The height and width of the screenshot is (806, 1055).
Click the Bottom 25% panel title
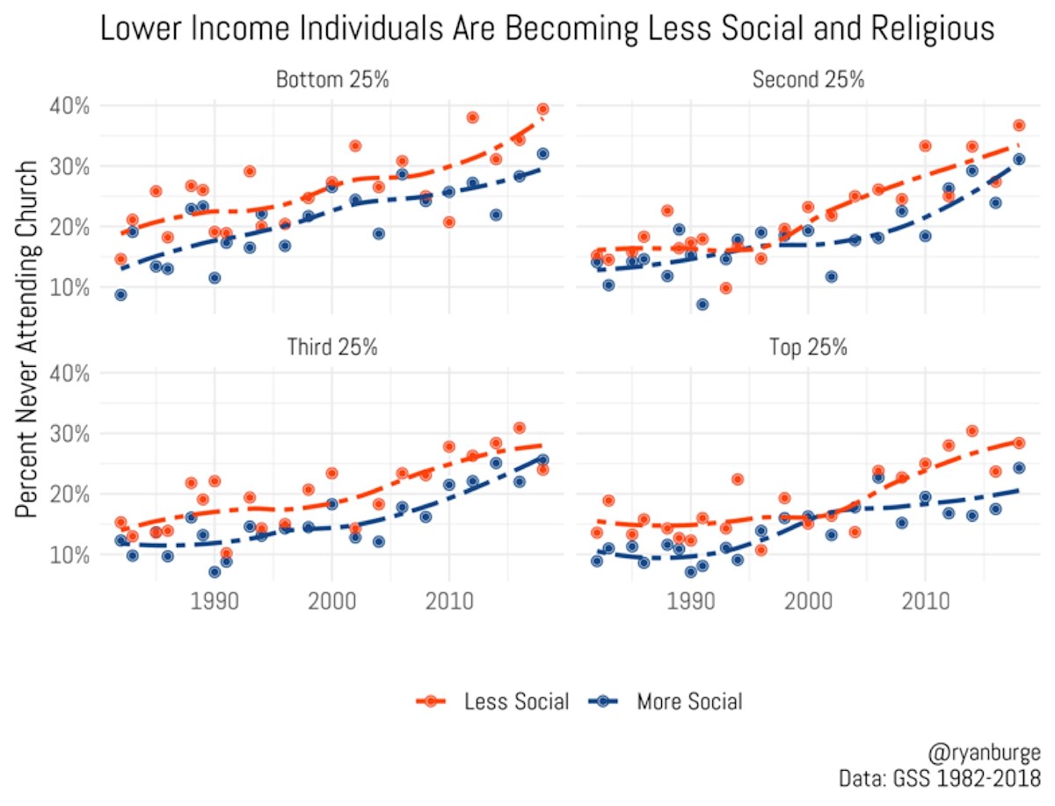pos(332,80)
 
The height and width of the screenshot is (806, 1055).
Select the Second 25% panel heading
pos(808,80)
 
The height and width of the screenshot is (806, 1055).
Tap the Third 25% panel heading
pos(332,347)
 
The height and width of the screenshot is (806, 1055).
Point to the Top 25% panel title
pos(808,347)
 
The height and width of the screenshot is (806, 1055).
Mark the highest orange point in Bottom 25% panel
pos(542,109)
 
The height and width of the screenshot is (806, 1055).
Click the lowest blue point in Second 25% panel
pos(702,304)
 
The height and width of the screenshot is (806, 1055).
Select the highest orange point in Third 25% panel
pos(519,429)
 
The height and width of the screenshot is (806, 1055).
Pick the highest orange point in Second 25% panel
pos(1018,126)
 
